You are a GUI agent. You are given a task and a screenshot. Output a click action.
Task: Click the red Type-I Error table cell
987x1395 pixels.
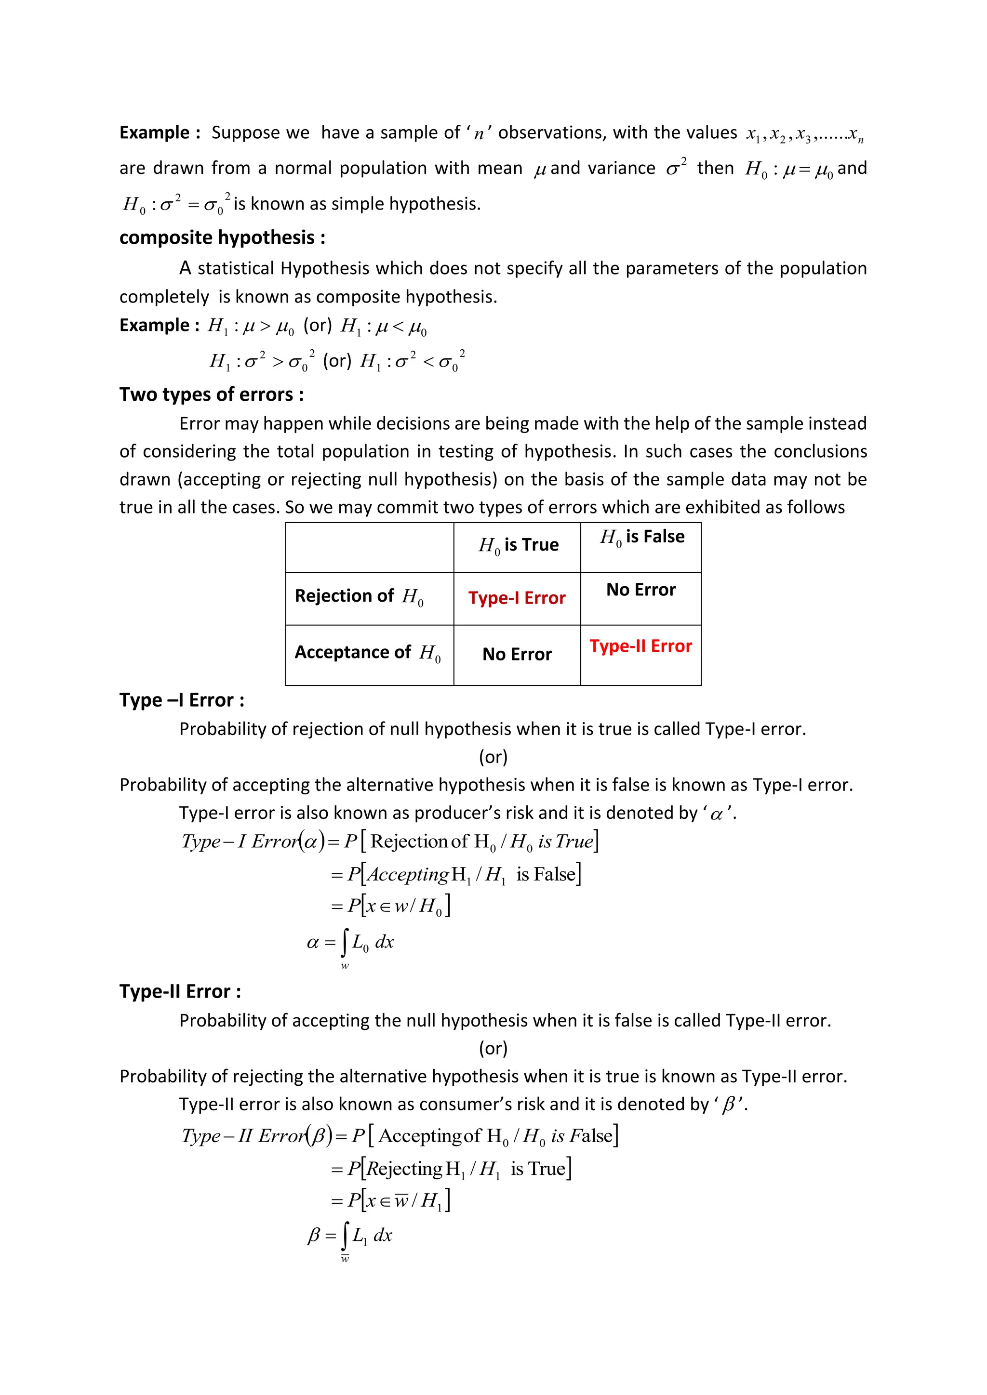517,598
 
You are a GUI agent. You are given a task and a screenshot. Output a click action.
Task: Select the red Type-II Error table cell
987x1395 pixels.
640,646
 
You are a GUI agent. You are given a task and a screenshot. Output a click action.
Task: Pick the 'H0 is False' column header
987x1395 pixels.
642,537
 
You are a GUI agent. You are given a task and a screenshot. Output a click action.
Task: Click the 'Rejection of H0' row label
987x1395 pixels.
359,596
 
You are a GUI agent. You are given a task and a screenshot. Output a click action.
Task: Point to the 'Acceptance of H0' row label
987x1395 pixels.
367,653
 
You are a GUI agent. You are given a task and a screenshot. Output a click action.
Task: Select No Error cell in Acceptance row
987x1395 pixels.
517,654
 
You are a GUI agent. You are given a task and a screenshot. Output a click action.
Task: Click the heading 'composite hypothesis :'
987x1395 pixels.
222,237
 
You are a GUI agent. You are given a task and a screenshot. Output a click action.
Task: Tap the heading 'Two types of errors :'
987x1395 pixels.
212,395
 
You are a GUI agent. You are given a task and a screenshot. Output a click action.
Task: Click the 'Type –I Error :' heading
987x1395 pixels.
182,700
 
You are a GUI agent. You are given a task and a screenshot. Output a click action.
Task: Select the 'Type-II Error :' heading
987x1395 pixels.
180,991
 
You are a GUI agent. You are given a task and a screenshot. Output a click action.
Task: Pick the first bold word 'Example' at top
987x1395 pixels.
154,132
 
